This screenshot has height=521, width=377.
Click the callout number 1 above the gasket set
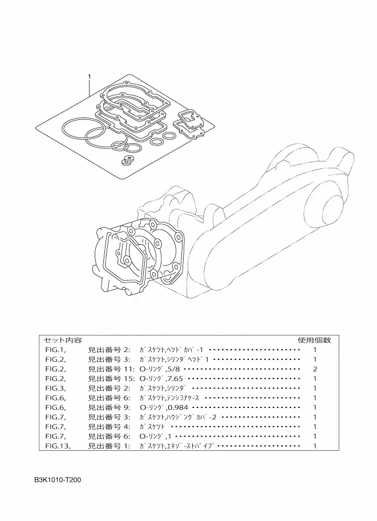(x=89, y=76)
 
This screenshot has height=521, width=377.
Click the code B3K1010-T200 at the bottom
(x=58, y=480)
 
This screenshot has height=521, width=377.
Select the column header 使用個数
(x=314, y=340)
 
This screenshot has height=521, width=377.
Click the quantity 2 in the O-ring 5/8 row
(x=315, y=369)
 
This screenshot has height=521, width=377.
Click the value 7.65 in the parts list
(x=175, y=378)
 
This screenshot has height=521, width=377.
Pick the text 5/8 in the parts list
(x=173, y=369)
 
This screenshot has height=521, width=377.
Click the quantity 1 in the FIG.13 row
(x=315, y=446)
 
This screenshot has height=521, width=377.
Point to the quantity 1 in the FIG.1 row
(x=315, y=349)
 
